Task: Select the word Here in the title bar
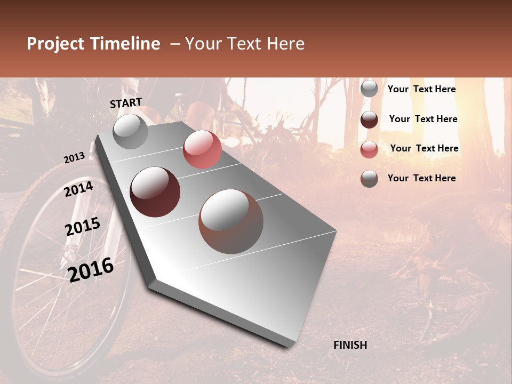[285, 44]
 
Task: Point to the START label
[126, 103]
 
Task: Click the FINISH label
[350, 345]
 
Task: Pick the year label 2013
[74, 158]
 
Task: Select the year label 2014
[78, 189]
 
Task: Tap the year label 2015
[82, 227]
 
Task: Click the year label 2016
[91, 269]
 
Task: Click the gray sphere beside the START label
[130, 132]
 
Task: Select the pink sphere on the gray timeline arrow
[202, 149]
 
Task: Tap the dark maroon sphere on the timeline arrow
[155, 192]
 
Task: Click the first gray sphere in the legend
[369, 89]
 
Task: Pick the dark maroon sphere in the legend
[369, 119]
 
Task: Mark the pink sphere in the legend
[369, 149]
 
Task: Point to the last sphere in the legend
[369, 179]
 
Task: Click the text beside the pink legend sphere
[424, 148]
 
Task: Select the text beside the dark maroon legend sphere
[423, 119]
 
